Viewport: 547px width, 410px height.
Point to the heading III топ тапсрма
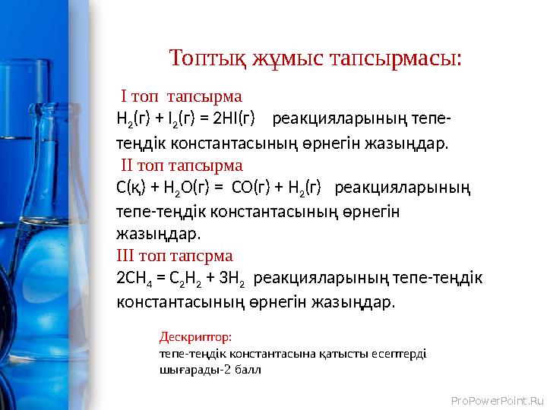click(175, 254)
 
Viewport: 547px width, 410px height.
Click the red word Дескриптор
click(195, 335)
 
